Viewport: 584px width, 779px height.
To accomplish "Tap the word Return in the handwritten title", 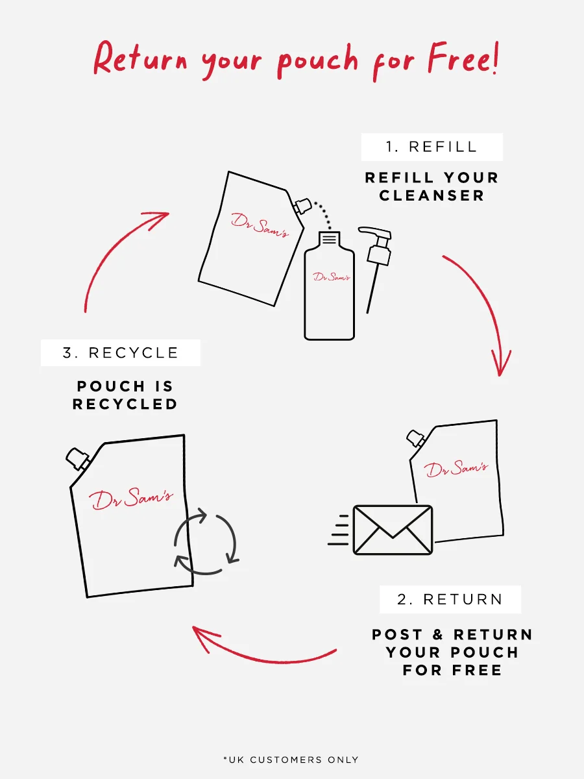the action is [140, 58].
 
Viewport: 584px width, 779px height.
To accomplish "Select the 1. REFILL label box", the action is [432, 147].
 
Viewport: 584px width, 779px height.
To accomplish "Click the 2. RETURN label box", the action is [450, 599].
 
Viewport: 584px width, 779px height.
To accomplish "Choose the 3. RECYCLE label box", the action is [121, 352].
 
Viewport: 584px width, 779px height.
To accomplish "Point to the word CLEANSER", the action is [432, 195].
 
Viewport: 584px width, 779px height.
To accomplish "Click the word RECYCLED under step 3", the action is [125, 404].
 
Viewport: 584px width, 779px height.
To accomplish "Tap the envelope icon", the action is [393, 530].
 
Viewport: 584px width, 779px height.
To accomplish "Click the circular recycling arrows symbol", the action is [206, 541].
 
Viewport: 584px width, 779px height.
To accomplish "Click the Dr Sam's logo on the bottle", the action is [332, 277].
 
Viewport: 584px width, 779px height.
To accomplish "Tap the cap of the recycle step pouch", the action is [78, 458].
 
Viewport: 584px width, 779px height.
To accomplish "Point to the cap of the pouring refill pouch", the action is [302, 206].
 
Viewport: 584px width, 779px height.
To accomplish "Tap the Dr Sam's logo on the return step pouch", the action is [456, 469].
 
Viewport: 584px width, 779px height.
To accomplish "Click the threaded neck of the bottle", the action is [330, 238].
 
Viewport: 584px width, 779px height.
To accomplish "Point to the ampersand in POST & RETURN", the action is [438, 634].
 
